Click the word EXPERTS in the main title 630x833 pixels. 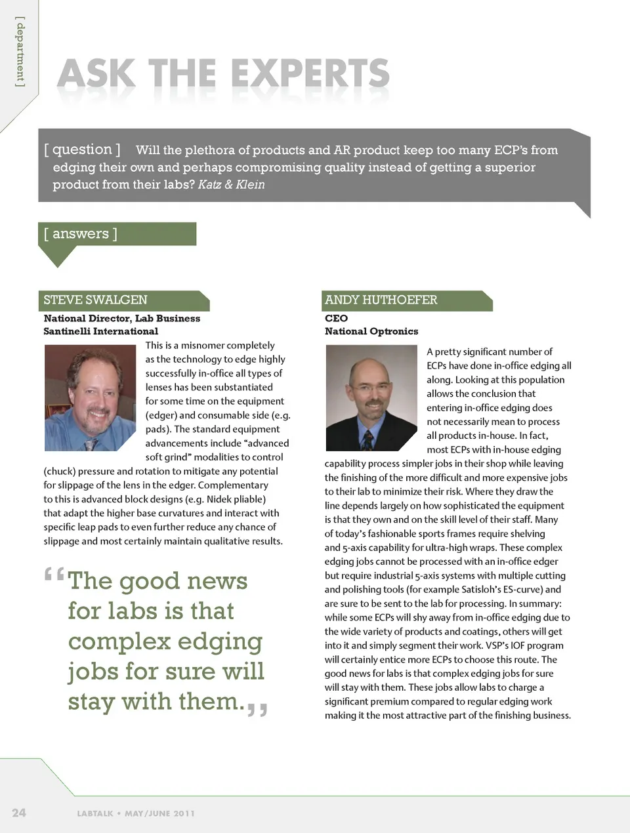pyautogui.click(x=310, y=73)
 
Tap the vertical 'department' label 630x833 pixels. pyautogui.click(x=20, y=52)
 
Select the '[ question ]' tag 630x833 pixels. pyautogui.click(x=82, y=150)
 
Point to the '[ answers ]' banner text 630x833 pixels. pyautogui.click(x=80, y=234)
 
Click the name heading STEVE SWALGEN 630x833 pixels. pyautogui.click(x=96, y=300)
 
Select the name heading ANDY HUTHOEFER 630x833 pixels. pyautogui.click(x=381, y=300)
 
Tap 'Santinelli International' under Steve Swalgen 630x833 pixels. pyautogui.click(x=100, y=331)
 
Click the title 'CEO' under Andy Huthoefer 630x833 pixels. pyautogui.click(x=336, y=318)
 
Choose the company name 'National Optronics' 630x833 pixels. pyautogui.click(x=371, y=331)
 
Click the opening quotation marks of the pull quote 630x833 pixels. pyautogui.click(x=54, y=575)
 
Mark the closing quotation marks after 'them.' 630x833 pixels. pyautogui.click(x=257, y=709)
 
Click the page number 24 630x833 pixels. pyautogui.click(x=19, y=813)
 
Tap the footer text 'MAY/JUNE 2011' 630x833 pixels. pyautogui.click(x=159, y=813)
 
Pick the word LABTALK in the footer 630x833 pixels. pyautogui.click(x=95, y=813)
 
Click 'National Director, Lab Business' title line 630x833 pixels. pyautogui.click(x=122, y=318)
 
